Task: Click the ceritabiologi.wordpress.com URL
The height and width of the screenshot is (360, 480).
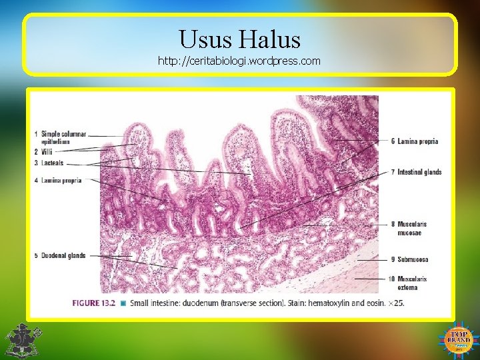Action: [239, 61]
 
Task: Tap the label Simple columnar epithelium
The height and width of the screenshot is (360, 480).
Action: [63, 137]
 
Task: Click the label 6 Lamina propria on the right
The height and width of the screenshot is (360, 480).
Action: [415, 141]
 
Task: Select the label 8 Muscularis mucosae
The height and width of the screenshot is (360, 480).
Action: [409, 228]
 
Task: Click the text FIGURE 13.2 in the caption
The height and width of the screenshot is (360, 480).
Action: [93, 303]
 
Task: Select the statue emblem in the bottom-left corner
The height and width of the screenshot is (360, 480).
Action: [22, 340]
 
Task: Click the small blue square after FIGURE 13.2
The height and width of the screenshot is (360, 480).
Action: [123, 303]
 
